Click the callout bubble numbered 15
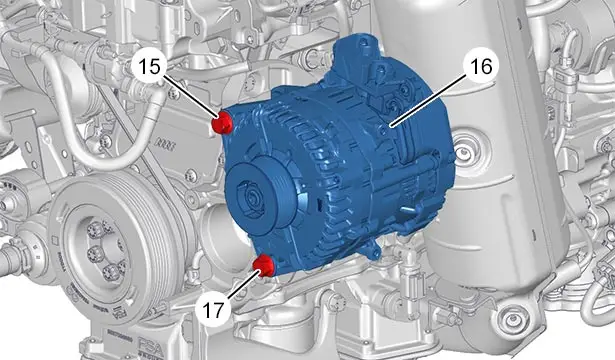150,67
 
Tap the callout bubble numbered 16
481,67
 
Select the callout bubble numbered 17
213,310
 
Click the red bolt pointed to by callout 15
222,123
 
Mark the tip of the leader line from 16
391,125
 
